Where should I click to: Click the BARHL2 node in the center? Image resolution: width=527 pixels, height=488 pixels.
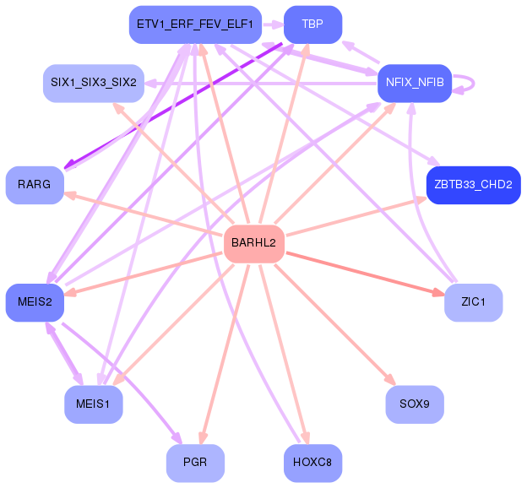(253, 244)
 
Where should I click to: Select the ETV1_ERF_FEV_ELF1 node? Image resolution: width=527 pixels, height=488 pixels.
(195, 24)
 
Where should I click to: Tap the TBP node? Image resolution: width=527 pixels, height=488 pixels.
(312, 24)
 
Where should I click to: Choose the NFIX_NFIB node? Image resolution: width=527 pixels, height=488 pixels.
(414, 83)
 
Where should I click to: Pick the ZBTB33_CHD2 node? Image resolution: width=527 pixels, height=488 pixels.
(473, 184)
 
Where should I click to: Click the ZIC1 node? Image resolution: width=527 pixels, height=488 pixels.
(473, 302)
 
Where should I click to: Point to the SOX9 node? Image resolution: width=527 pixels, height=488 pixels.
(414, 404)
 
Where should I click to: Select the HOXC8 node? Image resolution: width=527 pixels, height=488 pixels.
(312, 463)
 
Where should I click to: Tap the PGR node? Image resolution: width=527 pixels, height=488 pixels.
(195, 463)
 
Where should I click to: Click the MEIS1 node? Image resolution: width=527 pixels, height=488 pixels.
(93, 404)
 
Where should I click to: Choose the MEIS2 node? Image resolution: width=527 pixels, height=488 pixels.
(35, 302)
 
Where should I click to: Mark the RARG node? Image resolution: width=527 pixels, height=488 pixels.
(35, 184)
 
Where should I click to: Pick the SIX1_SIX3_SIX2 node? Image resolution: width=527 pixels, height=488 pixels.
(93, 83)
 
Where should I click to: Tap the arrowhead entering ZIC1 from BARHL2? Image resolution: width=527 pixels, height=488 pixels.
(437, 292)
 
